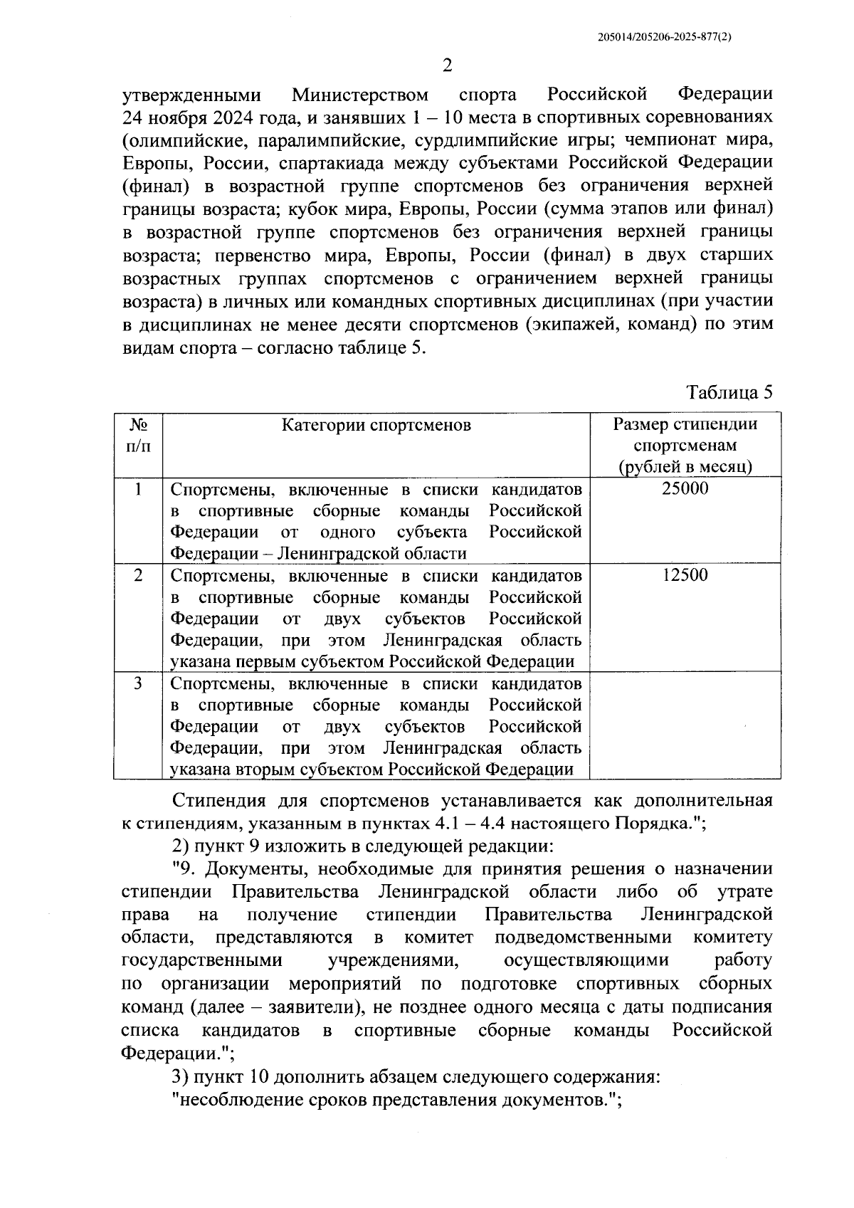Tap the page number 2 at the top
point(448,66)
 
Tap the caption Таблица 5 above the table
point(729,392)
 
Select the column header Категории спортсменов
point(376,426)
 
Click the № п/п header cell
point(138,435)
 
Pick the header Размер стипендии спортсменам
point(685,436)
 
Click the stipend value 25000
point(685,489)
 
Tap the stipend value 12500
point(685,575)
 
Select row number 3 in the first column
point(138,683)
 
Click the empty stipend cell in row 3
point(685,726)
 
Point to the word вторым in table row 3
point(266,770)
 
